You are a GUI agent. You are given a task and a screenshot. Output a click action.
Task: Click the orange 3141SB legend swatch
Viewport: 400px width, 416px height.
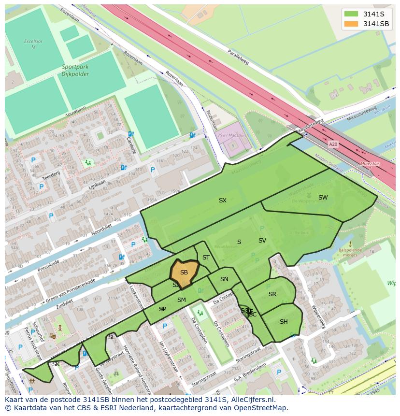coord(351,24)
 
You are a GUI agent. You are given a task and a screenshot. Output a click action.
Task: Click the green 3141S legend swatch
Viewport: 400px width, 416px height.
coord(351,14)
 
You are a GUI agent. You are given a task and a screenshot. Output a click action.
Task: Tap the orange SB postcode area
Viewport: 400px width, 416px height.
coord(184,273)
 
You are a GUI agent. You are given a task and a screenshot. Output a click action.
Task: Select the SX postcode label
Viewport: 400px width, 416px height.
coord(223,201)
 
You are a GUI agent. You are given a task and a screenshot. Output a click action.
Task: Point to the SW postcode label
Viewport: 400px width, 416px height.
coord(323,198)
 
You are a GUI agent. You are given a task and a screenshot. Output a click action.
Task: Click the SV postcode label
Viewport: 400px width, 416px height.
coord(262,241)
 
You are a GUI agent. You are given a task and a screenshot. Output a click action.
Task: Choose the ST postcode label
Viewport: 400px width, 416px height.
coord(206,258)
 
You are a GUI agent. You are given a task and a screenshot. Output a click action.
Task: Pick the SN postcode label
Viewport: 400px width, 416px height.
coord(224,279)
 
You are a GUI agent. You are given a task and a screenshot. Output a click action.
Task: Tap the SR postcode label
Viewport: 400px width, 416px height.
coord(272,294)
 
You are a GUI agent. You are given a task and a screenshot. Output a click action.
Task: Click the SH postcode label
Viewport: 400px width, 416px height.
coord(284,322)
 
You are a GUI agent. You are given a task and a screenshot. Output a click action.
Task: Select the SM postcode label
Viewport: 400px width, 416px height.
coord(182,300)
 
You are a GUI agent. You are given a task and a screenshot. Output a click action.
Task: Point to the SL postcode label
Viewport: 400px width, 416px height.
coord(112,337)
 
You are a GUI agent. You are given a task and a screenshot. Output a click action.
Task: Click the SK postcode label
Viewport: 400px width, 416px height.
coord(56,364)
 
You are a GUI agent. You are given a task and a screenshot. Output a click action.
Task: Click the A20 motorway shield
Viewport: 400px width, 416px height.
coord(333,144)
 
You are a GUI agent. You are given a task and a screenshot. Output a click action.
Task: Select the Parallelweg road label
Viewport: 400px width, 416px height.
coord(238,56)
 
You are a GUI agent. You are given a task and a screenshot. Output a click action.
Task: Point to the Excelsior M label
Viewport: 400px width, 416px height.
coord(33,44)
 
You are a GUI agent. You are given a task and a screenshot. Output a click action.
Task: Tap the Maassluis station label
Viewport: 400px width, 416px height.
coord(370,164)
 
